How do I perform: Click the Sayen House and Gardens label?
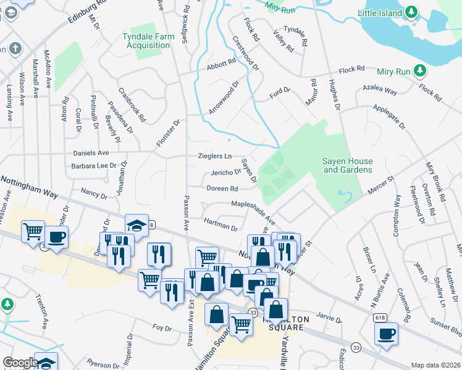[348, 165]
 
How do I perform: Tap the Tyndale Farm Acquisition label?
[148, 41]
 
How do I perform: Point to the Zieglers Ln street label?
[215, 157]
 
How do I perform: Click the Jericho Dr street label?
[225, 172]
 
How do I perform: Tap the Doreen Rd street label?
[222, 189]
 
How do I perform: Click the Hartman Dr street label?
[221, 224]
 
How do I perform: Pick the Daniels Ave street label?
[91, 152]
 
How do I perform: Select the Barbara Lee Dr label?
[94, 165]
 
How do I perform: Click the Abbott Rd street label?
[222, 63]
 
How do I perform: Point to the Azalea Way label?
[380, 89]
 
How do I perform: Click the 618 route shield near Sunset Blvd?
[380, 317]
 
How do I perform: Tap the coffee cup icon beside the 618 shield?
[387, 334]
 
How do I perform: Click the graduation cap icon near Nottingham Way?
[136, 226]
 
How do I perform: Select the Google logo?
[20, 363]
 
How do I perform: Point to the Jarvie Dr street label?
[329, 319]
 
